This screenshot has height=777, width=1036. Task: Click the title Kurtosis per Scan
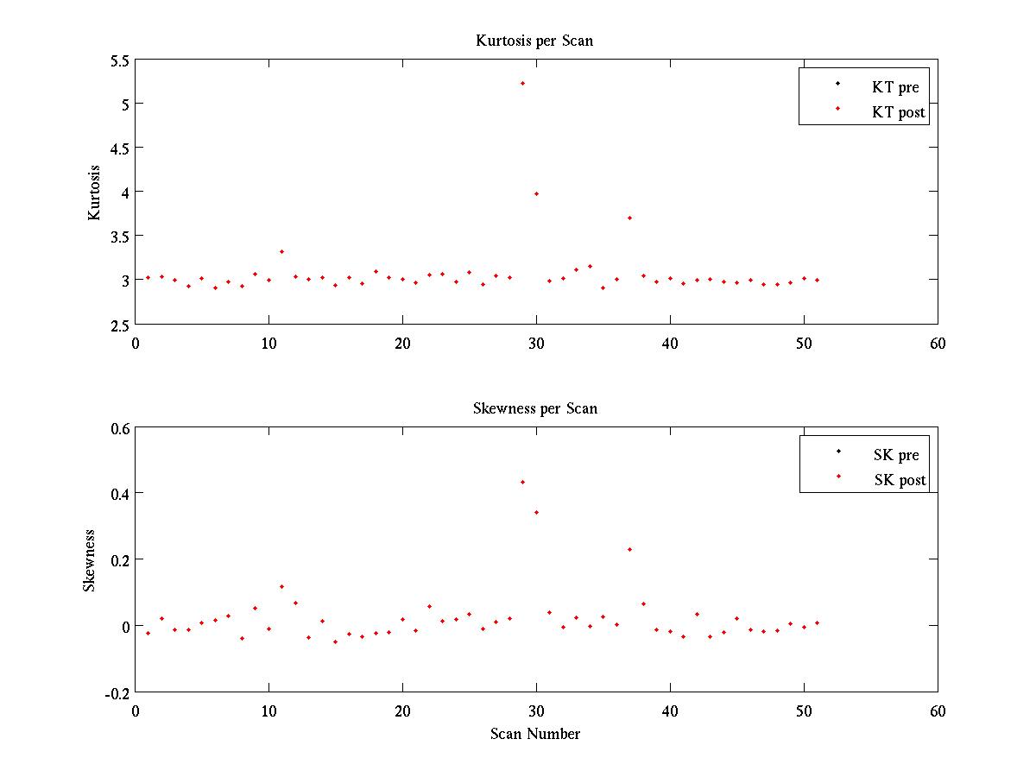pos(534,41)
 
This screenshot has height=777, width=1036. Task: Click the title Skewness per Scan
pos(534,408)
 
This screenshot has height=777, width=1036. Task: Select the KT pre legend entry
pos(895,87)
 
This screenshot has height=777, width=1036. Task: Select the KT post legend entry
pos(898,112)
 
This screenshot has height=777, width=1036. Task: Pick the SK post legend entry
pos(899,480)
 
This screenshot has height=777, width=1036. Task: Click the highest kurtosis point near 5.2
pos(522,83)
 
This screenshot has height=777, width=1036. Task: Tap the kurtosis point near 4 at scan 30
pos(536,193)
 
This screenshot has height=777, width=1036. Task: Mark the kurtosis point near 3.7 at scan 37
pos(629,218)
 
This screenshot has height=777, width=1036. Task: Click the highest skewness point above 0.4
pos(522,482)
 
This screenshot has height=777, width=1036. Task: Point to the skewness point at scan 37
pos(629,549)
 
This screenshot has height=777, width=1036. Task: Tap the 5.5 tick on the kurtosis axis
pos(119,60)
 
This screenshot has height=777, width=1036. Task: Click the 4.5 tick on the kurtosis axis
pos(119,148)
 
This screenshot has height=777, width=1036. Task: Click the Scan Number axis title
pos(534,734)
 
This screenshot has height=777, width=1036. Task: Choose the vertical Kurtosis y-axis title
pos(95,193)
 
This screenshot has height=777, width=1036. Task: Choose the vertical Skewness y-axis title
pos(89,560)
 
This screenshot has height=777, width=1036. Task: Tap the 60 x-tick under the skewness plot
pos(938,711)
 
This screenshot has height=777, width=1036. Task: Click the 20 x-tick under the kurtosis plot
pos(402,343)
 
